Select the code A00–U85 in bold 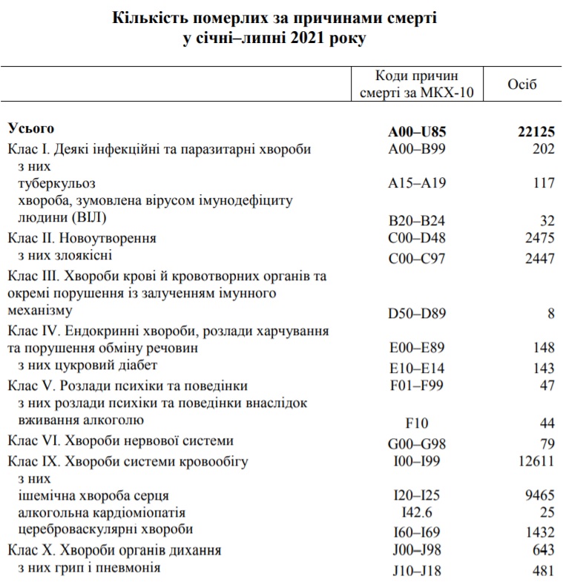click(417, 131)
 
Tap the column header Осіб click(522, 84)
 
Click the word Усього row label click(31, 128)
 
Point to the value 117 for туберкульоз click(543, 183)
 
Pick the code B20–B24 click(417, 219)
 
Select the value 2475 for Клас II click(538, 239)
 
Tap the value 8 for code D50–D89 click(551, 314)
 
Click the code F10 click(418, 423)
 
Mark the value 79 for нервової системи click(547, 443)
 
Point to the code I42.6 click(417, 513)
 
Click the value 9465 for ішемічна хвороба click(538, 495)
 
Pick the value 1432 click(538, 532)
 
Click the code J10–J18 click(417, 569)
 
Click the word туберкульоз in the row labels click(56, 182)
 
